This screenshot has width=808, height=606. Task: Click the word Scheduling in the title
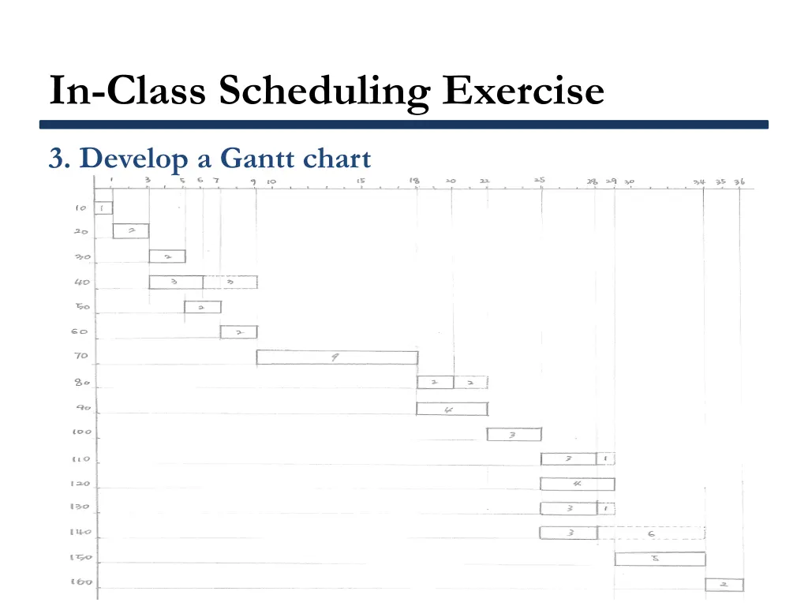pos(324,92)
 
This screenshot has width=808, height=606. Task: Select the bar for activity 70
pos(337,357)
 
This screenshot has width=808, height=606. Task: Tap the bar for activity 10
pos(103,208)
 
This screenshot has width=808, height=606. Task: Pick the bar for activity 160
pos(724,585)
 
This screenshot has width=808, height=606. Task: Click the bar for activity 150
pos(660,559)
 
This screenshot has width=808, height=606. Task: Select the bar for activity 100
pos(514,434)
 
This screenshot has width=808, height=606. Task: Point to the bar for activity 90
pos(451,409)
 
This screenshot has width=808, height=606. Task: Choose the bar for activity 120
pos(577,484)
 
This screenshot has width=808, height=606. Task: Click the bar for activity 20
pos(130,231)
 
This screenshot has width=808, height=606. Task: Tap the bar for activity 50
pos(202,307)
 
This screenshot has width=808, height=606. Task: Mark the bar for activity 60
pos(238,332)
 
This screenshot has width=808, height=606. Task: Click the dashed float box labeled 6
pos(651,533)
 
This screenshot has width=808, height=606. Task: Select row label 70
pos(81,357)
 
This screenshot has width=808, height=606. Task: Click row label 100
pos(81,432)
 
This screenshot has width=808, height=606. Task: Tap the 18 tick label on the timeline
pos(414,181)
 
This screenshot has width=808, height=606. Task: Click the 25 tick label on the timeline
pos(540,181)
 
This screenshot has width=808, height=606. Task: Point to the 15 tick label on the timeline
pos(360,181)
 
